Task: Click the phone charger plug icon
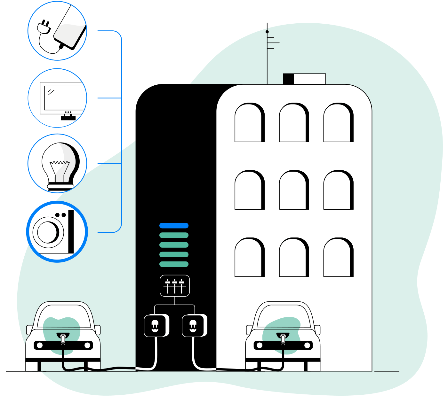44,27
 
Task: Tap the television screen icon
63,97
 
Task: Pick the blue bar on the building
174,226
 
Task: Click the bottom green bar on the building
174,264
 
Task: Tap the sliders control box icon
175,286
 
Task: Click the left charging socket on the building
155,326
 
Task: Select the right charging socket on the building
193,326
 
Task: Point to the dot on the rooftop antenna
267,32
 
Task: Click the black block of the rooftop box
288,79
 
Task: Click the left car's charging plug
63,339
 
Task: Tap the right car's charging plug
283,339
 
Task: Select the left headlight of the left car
40,346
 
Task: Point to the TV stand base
68,118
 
